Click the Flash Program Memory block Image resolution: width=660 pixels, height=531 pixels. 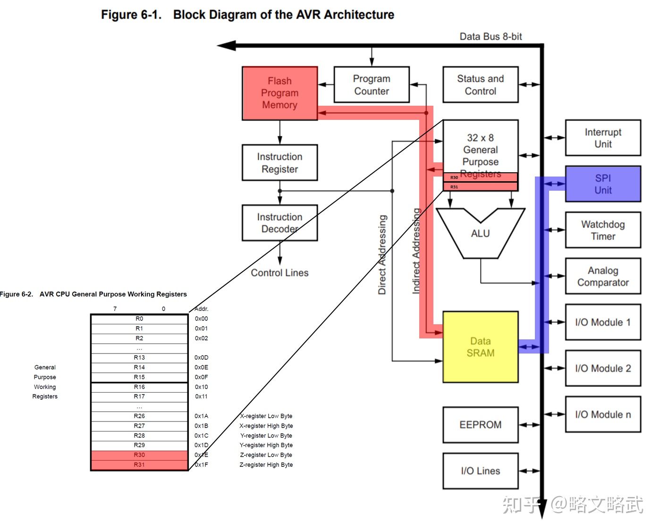[x=279, y=93]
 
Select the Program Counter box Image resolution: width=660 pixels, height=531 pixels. [x=372, y=85]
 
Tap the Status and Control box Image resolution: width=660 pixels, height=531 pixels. [x=480, y=85]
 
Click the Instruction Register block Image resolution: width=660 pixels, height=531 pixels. [x=279, y=163]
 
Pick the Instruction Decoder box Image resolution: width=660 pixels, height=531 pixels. [x=279, y=223]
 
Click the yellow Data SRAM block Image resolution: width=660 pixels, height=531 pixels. [x=480, y=347]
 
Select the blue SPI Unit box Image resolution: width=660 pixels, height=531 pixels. [x=603, y=184]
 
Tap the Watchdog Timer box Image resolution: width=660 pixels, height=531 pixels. [x=603, y=230]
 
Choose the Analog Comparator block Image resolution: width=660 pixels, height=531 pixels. [x=603, y=276]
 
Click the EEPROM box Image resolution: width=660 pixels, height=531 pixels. [x=480, y=425]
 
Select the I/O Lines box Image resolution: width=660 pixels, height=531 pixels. [x=480, y=471]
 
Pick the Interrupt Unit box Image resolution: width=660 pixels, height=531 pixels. [x=603, y=138]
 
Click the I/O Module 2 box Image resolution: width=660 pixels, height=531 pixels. [x=603, y=368]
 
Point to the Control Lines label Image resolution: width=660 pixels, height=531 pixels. [x=279, y=273]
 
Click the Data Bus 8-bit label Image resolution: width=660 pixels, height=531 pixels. [x=491, y=36]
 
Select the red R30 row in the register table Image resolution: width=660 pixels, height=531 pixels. [x=139, y=455]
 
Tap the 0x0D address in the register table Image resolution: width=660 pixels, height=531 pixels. [x=201, y=358]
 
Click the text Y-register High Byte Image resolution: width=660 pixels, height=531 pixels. [x=266, y=445]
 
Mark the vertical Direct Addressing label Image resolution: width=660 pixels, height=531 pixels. [x=382, y=255]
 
